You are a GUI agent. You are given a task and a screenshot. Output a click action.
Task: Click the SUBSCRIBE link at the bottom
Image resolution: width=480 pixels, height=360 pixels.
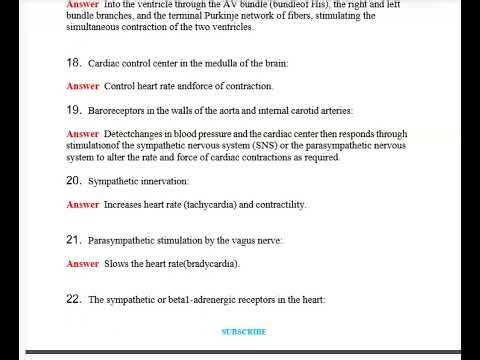(243, 331)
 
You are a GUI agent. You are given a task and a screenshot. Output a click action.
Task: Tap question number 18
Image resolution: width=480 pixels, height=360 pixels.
(73, 62)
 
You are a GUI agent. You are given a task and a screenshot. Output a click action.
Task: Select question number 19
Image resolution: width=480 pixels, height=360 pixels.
(73, 108)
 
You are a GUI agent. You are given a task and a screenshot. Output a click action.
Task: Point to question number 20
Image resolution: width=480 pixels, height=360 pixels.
(73, 181)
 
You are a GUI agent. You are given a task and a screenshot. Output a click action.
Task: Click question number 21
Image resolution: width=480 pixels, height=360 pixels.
(73, 240)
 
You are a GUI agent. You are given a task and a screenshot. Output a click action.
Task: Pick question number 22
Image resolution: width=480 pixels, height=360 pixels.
(73, 299)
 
